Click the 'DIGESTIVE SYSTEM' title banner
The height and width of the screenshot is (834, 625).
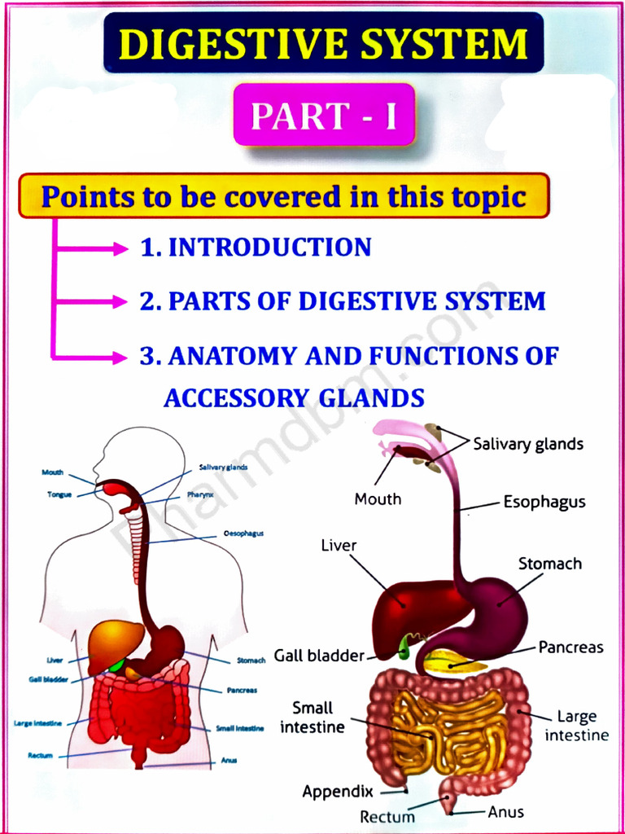(323, 43)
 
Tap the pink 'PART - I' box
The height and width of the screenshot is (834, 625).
(324, 116)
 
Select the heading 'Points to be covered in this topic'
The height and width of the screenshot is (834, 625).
(283, 196)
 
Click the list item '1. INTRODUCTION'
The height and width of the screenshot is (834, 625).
(256, 247)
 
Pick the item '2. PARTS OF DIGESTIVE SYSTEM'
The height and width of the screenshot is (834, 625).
(343, 301)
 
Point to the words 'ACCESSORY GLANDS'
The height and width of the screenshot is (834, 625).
(294, 397)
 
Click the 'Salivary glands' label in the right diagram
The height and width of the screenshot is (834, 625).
(528, 444)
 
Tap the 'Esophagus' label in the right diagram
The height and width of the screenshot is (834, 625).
(544, 502)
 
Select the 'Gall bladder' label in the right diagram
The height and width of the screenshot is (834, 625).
(318, 655)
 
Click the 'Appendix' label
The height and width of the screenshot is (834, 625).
(338, 791)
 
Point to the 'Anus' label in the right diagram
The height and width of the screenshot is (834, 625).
(506, 811)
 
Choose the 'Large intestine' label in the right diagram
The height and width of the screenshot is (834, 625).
(576, 726)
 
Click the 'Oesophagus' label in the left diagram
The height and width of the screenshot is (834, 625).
(243, 533)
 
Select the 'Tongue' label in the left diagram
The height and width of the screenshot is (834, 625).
(59, 494)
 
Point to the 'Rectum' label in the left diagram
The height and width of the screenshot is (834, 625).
(40, 756)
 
